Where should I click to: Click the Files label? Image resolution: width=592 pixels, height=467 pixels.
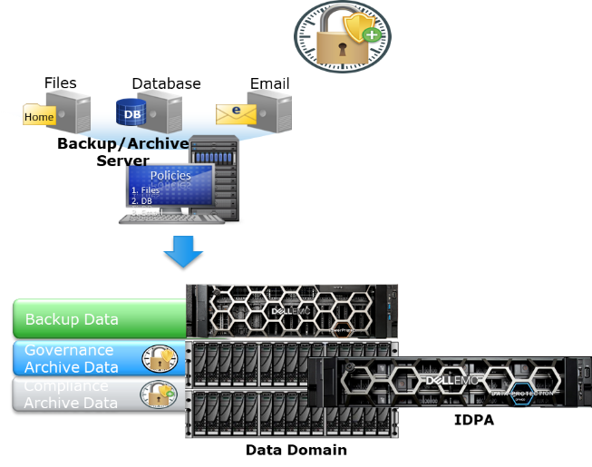click(x=61, y=83)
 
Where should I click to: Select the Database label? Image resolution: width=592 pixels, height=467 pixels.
click(x=166, y=84)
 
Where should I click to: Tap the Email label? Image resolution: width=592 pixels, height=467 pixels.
click(x=269, y=84)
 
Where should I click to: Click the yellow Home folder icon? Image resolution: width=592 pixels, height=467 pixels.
click(x=39, y=116)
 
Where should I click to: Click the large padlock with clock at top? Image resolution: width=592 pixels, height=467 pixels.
click(x=342, y=37)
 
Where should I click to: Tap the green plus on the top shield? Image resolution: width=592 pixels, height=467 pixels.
click(x=372, y=35)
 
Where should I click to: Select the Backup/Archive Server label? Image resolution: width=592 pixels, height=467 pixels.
click(x=122, y=151)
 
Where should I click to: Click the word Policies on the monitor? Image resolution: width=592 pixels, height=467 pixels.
click(x=170, y=175)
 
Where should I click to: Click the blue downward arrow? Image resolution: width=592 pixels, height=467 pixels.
click(x=183, y=251)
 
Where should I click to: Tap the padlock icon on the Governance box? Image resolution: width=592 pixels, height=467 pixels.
click(x=160, y=359)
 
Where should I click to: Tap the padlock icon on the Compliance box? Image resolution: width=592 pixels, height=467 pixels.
click(x=160, y=394)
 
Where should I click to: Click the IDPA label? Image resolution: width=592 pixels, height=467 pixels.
click(x=473, y=420)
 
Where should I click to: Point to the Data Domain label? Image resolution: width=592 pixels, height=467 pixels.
click(x=296, y=450)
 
